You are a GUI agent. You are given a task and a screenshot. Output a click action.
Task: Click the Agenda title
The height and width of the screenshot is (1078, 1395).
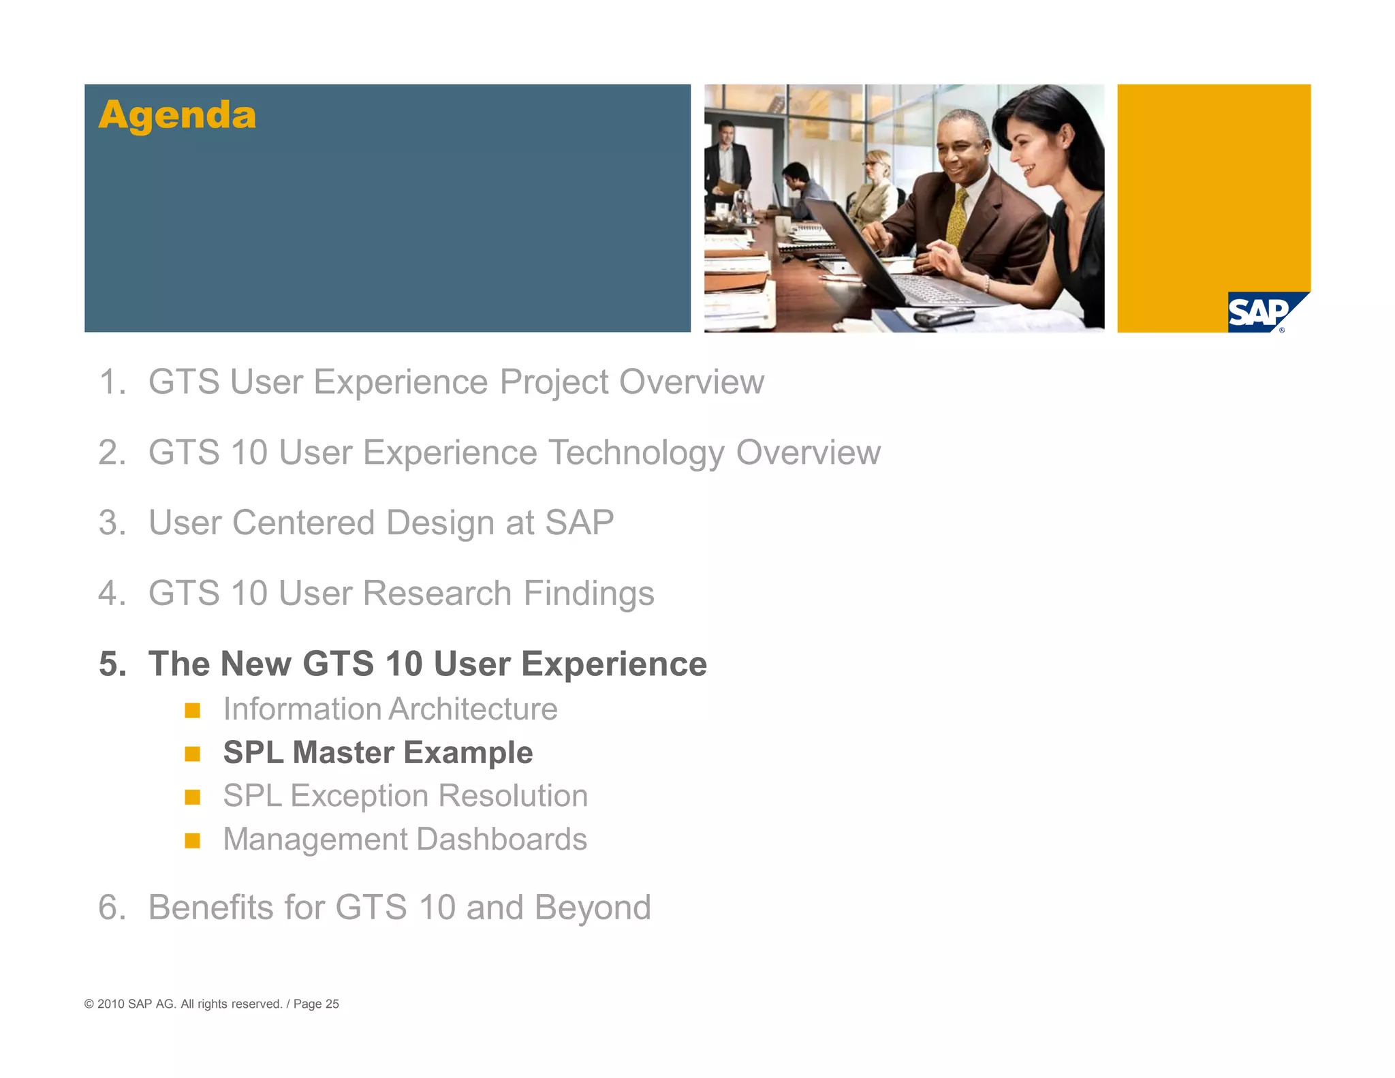[177, 115]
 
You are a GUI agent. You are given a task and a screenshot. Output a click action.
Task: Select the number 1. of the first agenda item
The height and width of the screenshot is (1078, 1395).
[112, 382]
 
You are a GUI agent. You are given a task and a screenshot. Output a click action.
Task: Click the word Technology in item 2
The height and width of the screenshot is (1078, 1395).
[636, 453]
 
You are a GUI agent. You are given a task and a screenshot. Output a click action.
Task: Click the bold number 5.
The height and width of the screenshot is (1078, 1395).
[113, 664]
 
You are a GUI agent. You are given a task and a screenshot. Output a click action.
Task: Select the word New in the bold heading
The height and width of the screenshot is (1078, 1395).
[255, 664]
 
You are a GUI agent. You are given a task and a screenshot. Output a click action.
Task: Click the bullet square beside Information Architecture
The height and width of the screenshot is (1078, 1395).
[193, 711]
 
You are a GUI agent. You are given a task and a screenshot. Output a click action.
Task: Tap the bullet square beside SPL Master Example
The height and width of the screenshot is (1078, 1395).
[193, 754]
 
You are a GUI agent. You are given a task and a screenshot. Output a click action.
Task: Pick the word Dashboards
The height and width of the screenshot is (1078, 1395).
[502, 840]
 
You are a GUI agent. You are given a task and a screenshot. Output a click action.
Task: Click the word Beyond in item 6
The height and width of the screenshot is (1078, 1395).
[592, 908]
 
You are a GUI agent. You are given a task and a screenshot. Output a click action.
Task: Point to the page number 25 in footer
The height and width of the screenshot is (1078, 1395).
[332, 1004]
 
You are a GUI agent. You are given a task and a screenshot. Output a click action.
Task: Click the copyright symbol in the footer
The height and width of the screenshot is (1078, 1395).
[89, 1004]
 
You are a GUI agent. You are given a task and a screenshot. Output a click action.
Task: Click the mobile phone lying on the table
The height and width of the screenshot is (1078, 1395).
[943, 316]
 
